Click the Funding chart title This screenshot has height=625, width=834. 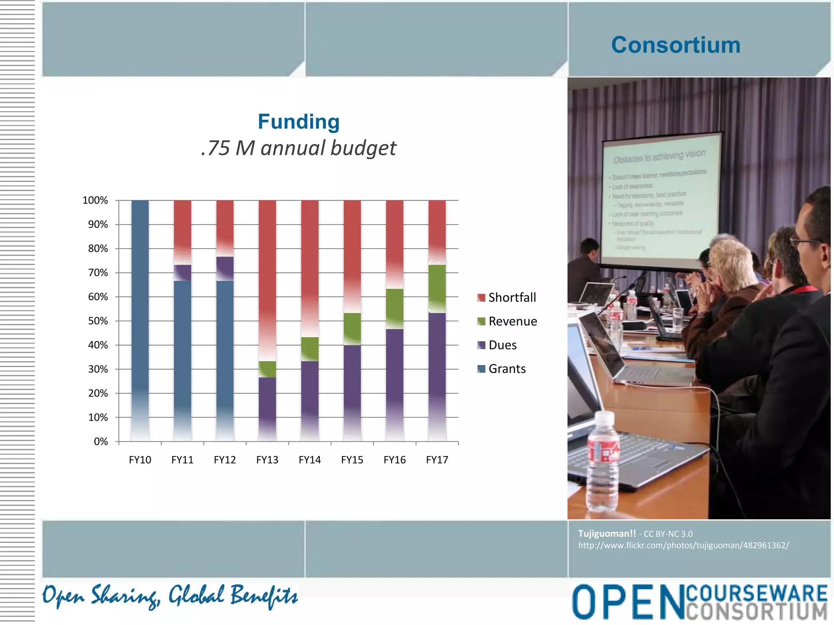coord(298,122)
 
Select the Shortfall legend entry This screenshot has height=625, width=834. coord(511,297)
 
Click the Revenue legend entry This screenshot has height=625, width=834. coord(512,321)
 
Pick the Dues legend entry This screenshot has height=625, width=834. coord(502,345)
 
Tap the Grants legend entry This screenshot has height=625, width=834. coord(507,369)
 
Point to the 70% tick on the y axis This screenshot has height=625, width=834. coord(98,273)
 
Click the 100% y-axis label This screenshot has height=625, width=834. coord(95,200)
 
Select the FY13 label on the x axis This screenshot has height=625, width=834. coord(267,460)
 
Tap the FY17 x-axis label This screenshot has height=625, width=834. coord(437,460)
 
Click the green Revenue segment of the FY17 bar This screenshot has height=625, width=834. coord(437,289)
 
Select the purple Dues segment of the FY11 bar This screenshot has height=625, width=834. coord(182,273)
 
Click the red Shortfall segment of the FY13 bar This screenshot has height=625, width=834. coord(267,277)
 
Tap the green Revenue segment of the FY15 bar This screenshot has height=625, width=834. coord(352,329)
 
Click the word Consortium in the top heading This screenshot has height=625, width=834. coord(676,45)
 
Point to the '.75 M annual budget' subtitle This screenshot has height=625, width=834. coord(298,148)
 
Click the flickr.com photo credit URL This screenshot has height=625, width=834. coord(683,545)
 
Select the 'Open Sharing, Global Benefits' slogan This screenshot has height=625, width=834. coord(170,596)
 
